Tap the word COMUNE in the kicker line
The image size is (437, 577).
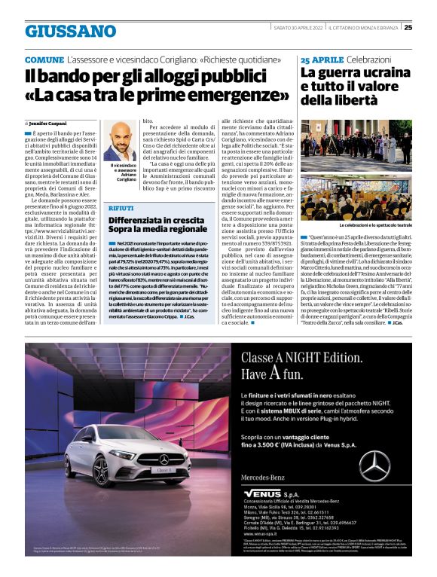click(x=44, y=60)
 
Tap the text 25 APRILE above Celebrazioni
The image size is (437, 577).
click(x=322, y=60)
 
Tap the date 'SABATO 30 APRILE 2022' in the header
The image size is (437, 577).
click(x=298, y=29)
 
